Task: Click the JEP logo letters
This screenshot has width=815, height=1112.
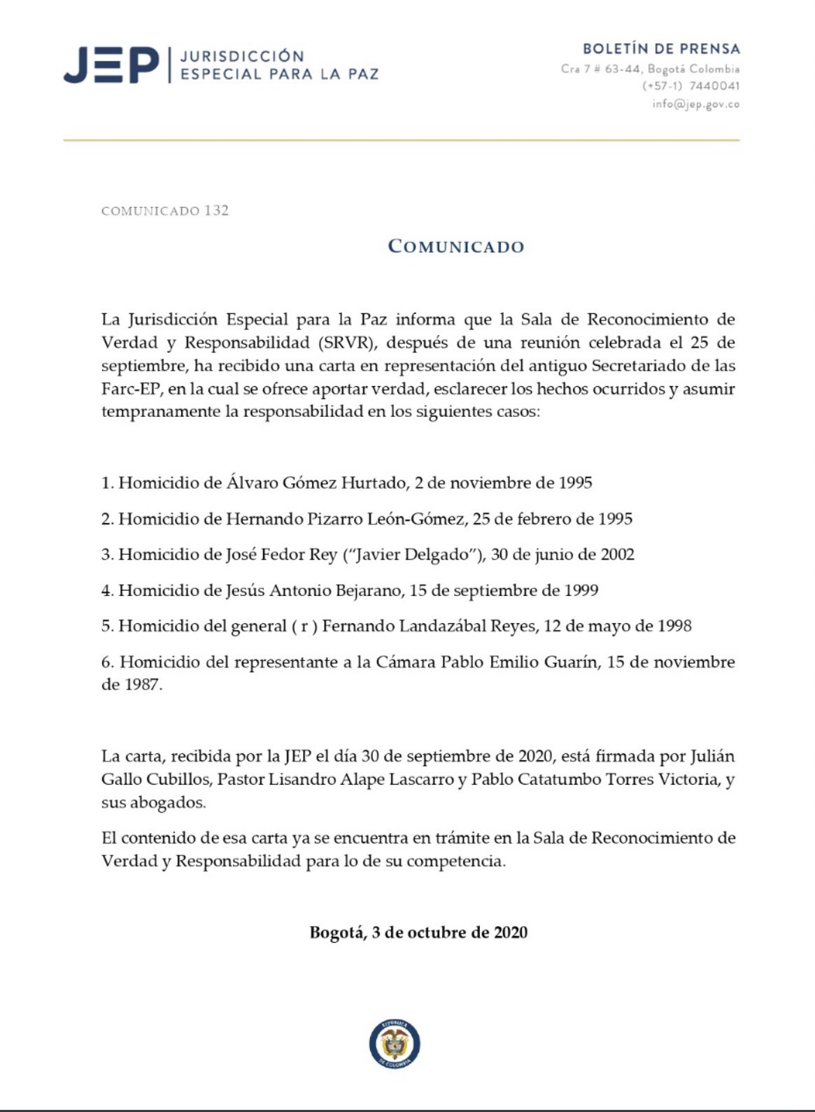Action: (x=112, y=65)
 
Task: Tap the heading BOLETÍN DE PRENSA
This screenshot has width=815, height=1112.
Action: (x=661, y=49)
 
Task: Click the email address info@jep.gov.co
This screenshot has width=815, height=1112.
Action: (x=695, y=104)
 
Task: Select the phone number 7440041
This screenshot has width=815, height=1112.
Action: (x=714, y=86)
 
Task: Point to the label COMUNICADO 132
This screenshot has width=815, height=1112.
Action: (x=165, y=211)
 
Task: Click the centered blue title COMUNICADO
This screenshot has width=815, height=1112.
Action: (x=456, y=246)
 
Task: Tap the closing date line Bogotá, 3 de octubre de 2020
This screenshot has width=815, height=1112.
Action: (x=418, y=932)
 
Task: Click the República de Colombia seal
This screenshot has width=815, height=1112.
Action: (x=395, y=1045)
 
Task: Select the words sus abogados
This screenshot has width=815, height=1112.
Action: (x=153, y=802)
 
